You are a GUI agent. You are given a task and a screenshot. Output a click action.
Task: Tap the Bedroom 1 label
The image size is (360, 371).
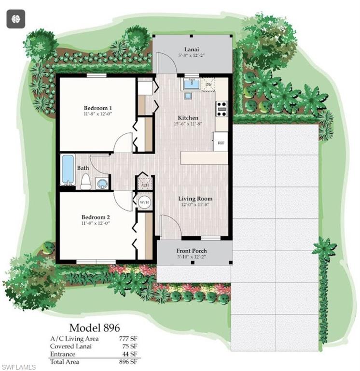(x=98, y=108)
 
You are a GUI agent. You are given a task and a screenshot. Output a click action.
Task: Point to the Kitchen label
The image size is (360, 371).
(x=188, y=118)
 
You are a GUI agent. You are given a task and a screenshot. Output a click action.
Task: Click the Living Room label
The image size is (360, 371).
(x=195, y=199)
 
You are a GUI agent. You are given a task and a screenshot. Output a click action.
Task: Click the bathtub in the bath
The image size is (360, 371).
(x=68, y=170)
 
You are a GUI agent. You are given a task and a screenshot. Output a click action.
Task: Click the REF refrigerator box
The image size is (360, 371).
(x=221, y=143)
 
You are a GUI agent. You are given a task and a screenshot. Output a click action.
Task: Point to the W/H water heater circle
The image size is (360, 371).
(x=144, y=201)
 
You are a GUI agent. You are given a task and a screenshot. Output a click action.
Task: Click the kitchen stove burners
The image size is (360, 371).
(x=222, y=109)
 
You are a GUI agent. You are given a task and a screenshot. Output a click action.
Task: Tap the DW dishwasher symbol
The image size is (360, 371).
(x=208, y=85)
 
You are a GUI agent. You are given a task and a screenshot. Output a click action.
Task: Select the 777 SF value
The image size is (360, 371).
(x=128, y=339)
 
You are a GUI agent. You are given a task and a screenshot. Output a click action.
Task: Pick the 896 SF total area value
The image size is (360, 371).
(x=128, y=361)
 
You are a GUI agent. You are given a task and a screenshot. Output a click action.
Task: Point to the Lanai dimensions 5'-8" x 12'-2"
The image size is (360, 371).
(x=193, y=56)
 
